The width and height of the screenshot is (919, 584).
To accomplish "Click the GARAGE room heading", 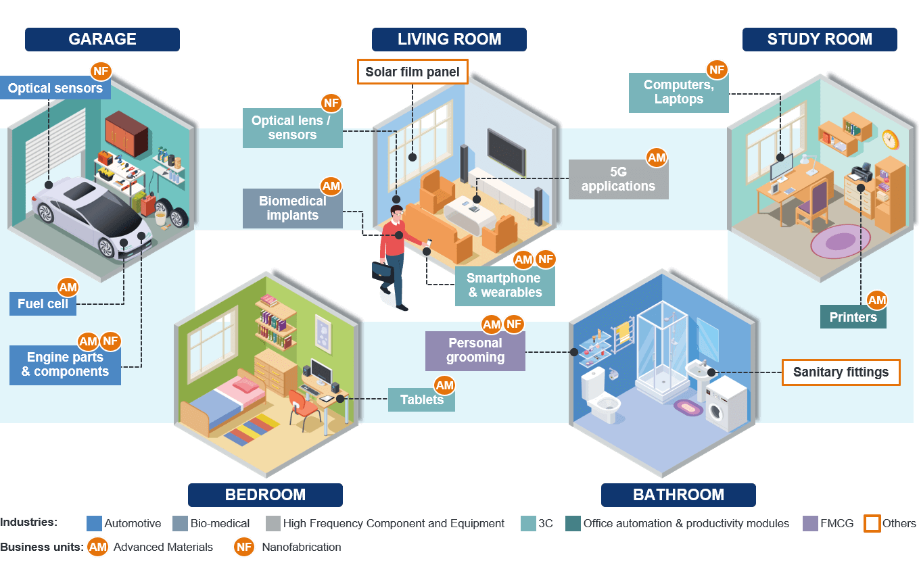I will pos(102,39).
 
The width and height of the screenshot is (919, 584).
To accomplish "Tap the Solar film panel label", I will pos(413,72).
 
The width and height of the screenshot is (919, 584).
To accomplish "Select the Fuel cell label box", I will pos(43,304).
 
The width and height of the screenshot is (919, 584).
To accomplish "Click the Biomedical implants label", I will pos(292,208).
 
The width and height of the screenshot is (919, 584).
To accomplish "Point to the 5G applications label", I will pos(618,179).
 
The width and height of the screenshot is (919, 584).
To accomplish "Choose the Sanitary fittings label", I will pos(841,372).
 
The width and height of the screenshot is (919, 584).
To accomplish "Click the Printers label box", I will pos(853,317).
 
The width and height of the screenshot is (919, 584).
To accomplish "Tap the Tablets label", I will pos(421,399).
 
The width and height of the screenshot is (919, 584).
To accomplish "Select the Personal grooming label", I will pos(475,350).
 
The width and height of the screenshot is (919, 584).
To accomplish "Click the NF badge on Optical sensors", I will pos(101,71).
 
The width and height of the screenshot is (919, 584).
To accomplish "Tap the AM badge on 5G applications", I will pos(657,158).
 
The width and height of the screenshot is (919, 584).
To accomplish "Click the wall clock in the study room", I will pos(890,140).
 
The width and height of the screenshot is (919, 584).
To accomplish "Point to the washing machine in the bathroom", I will pos(726,405).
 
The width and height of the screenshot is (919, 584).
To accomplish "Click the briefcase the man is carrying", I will pos(382,272).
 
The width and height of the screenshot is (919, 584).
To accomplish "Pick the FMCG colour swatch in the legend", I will pos(810,524).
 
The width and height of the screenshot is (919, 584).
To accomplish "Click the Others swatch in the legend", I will pos(872,524).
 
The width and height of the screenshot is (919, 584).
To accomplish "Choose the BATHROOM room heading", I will pos(678,495).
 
